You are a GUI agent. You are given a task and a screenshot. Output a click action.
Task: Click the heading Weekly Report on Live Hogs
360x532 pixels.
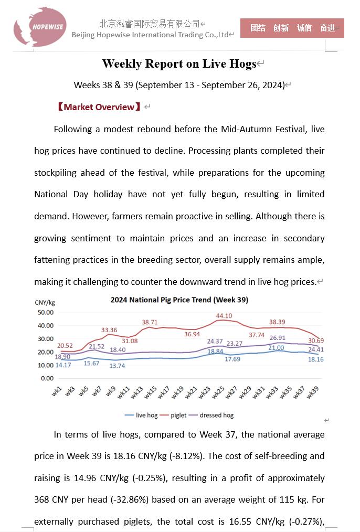[x=179, y=64]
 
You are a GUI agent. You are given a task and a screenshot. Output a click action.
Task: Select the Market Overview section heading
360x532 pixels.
[x=99, y=107]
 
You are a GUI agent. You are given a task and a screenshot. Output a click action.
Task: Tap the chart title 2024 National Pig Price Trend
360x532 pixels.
[x=179, y=300]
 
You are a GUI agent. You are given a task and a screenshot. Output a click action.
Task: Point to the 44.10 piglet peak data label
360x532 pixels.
[x=224, y=316]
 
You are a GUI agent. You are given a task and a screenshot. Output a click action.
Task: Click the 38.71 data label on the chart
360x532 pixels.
[x=150, y=322]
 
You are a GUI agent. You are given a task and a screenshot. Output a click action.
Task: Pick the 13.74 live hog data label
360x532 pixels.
[x=117, y=366]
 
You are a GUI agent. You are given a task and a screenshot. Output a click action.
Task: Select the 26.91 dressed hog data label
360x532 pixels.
[x=277, y=338]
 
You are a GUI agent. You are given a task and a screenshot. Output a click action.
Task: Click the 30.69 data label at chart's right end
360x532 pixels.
[x=316, y=341]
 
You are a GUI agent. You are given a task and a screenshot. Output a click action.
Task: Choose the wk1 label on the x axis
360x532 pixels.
[x=57, y=391]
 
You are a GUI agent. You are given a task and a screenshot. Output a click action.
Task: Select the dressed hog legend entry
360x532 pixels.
[x=216, y=415]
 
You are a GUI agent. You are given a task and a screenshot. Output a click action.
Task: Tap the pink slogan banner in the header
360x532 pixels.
[x=292, y=28]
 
